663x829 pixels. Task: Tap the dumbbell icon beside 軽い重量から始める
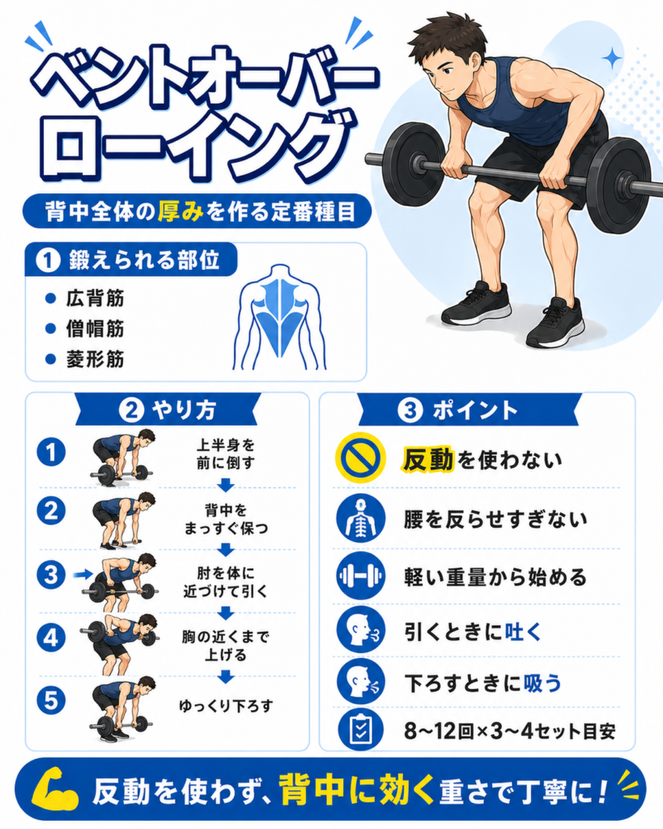click(360, 576)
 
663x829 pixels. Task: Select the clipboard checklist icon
click(360, 729)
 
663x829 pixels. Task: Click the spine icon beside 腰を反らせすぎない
click(360, 519)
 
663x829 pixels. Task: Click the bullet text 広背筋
click(96, 299)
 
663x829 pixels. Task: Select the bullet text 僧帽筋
click(96, 329)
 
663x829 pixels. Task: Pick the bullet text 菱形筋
click(96, 359)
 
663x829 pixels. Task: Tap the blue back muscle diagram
click(279, 317)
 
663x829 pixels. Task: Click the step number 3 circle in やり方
click(51, 575)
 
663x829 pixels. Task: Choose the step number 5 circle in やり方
click(51, 700)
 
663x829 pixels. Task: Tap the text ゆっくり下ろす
click(226, 706)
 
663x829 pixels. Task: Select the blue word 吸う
click(542, 683)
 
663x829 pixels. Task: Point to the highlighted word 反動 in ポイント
click(428, 459)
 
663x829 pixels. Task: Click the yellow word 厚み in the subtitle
click(181, 211)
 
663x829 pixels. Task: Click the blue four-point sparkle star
click(613, 57)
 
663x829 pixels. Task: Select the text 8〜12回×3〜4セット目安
click(510, 731)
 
